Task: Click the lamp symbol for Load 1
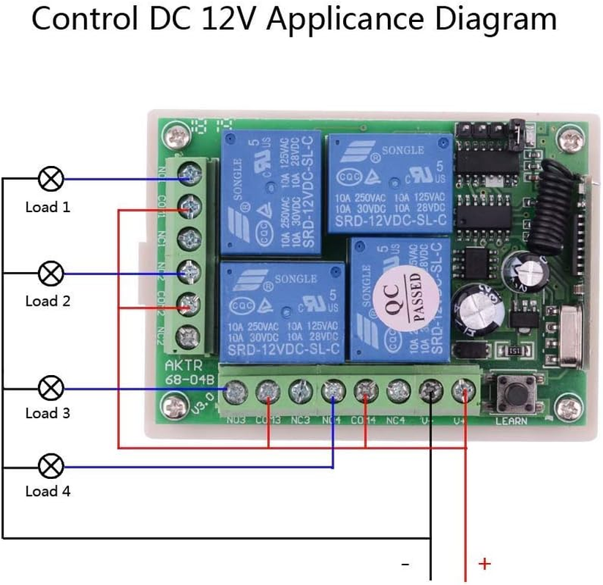(x=51, y=178)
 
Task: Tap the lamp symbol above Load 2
(x=51, y=273)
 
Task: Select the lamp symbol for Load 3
(x=51, y=387)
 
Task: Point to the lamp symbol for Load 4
(x=51, y=465)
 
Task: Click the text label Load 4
(x=48, y=491)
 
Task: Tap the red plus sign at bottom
(x=484, y=564)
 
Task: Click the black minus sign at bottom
(x=405, y=564)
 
